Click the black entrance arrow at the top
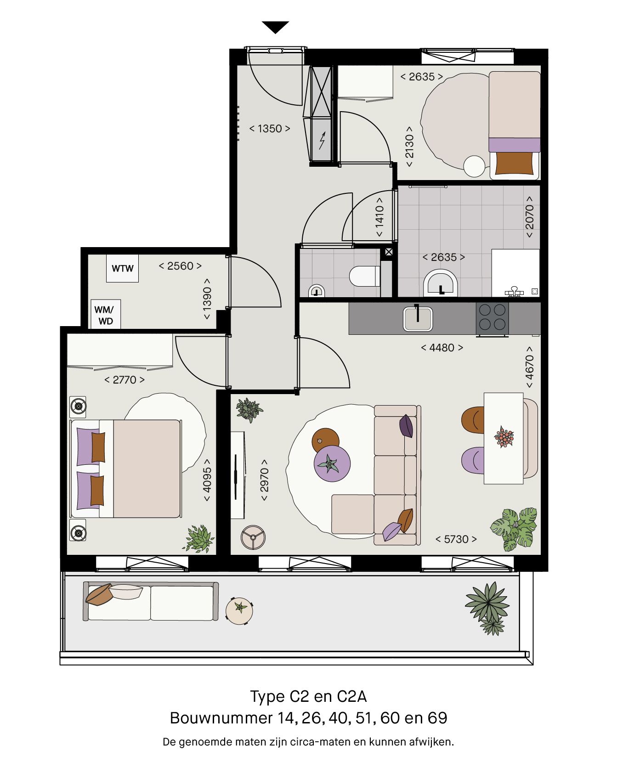point(275,27)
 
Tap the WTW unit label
point(122,268)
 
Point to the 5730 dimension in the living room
point(456,539)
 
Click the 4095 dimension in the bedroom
point(207,480)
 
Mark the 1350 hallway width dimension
point(270,129)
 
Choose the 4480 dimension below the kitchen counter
point(442,348)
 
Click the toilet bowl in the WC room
point(364,277)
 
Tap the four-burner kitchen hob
point(492,317)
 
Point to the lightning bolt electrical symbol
point(322,140)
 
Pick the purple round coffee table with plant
point(332,463)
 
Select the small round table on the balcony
point(239,610)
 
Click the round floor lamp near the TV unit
point(253,536)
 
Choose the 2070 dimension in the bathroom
point(529,217)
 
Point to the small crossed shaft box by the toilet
point(389,252)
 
